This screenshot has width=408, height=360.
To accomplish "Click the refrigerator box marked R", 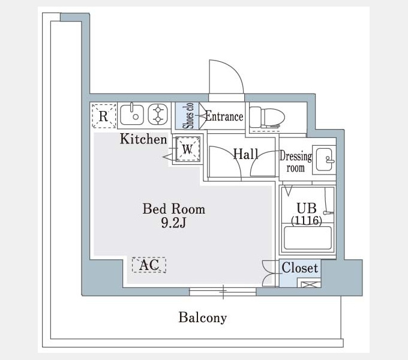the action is (104, 116).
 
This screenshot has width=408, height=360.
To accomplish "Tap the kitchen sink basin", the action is (131, 115).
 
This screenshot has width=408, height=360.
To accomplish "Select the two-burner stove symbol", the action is (158, 114).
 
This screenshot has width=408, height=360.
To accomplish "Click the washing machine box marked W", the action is (187, 149).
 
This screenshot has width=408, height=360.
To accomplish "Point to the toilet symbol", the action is (267, 117).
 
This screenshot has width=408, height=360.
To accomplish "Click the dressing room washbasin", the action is (324, 160).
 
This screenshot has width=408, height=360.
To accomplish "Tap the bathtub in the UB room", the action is (308, 238).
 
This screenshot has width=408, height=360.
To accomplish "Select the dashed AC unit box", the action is (149, 265).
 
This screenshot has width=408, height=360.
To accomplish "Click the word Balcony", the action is (202, 317).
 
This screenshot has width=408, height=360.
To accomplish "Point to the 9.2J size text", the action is (173, 223).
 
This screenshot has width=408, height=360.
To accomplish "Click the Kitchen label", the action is (143, 139).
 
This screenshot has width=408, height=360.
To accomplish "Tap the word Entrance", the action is (224, 116).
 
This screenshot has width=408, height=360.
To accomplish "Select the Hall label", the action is (245, 154).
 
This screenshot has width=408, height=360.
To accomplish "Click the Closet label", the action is (300, 268).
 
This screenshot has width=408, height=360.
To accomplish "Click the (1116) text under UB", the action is (307, 221).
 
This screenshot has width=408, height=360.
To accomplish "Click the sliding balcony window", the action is (223, 292).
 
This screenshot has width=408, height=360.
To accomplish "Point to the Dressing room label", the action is (296, 162).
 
